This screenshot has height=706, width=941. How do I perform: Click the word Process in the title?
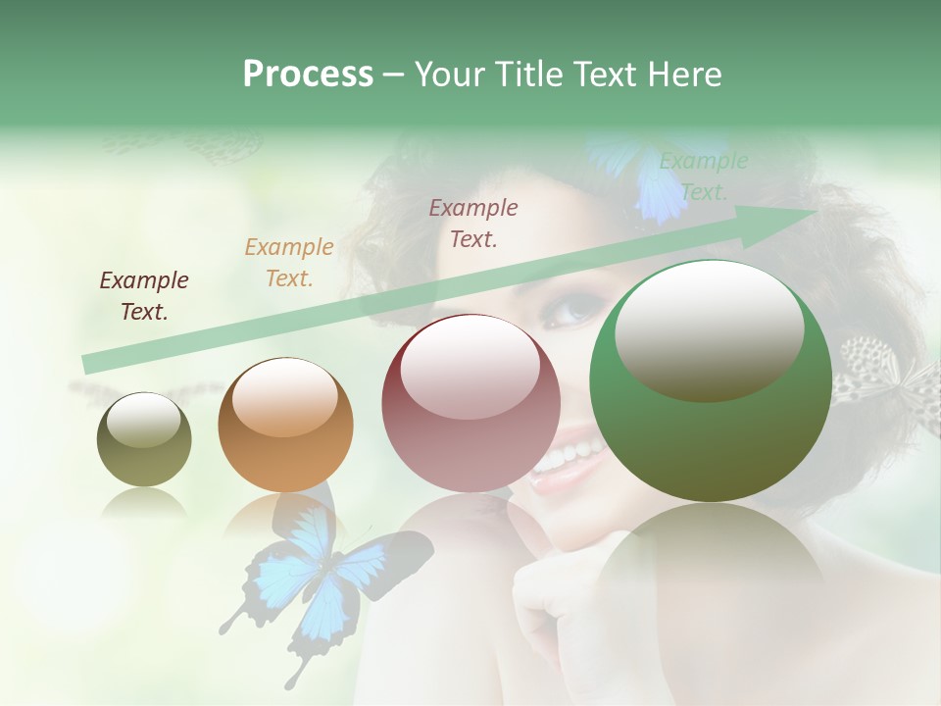click(x=308, y=74)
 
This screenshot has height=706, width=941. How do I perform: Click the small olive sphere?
click(x=144, y=440)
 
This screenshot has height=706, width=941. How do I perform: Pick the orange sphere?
click(x=285, y=426)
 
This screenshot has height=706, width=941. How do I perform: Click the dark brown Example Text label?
click(x=144, y=296)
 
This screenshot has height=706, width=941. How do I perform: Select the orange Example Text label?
click(x=289, y=263)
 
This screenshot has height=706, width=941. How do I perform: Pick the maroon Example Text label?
click(x=473, y=223)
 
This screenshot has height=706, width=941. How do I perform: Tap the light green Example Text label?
click(x=703, y=176)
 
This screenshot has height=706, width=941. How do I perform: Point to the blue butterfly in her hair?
click(x=642, y=176)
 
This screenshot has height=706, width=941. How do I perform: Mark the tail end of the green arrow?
click(x=88, y=365)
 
